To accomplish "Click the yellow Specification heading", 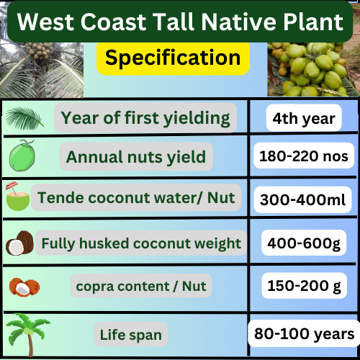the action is point(173,58).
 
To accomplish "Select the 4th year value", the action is point(304,118).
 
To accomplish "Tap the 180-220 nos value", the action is point(304,156).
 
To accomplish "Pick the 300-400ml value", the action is point(303,199).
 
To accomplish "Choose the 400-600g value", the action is point(304,243).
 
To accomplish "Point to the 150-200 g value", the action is point(305,286).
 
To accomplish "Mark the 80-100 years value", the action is point(305,333).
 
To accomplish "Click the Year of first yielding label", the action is point(145,118).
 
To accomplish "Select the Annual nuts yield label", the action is point(136,156).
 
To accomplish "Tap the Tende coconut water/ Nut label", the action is point(136,197).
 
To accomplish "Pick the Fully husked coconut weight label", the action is point(141,243).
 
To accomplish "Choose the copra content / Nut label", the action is point(141,286).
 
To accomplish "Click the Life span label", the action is point(131,334).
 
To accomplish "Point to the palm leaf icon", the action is point(24,118).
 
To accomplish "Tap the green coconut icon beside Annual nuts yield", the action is point(22,156).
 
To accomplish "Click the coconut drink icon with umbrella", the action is point(18,197).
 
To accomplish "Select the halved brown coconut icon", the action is point(19,243).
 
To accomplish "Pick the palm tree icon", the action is point(28,334).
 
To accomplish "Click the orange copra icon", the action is point(24,287).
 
